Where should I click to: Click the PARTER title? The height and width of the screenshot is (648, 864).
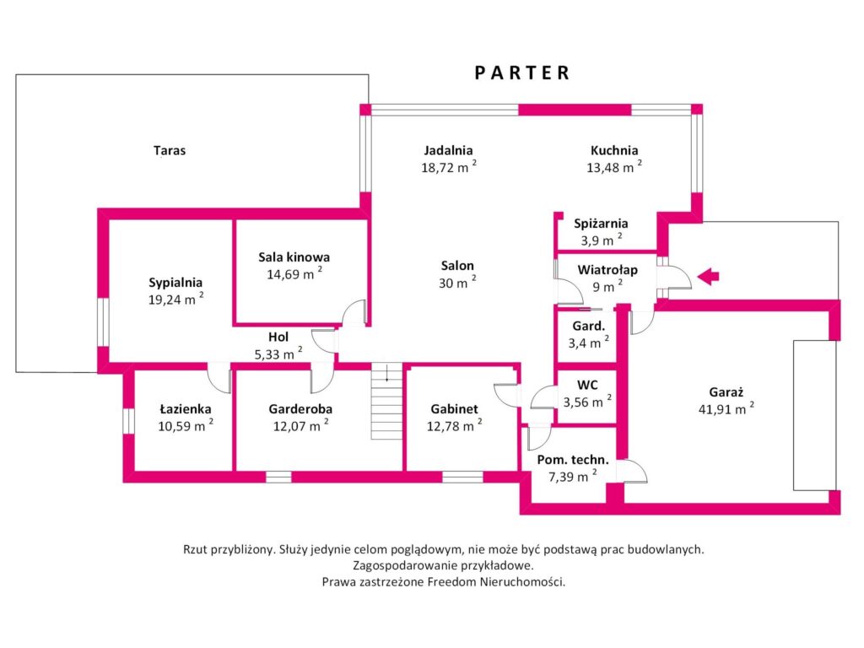click(x=521, y=73)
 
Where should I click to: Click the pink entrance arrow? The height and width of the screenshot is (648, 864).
click(x=708, y=277)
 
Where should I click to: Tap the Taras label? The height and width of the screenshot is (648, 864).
click(x=170, y=150)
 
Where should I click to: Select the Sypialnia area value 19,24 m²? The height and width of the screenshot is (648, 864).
click(x=175, y=300)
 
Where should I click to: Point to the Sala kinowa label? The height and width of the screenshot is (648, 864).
click(x=294, y=256)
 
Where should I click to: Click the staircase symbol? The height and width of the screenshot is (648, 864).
click(x=386, y=401)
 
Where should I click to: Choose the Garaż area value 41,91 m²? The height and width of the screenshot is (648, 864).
click(x=726, y=409)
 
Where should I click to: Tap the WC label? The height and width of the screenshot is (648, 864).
click(x=587, y=385)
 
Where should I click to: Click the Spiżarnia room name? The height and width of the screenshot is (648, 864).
click(x=601, y=224)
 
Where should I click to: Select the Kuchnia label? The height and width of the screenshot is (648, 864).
click(x=614, y=150)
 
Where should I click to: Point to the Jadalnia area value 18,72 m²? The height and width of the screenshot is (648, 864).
click(x=449, y=167)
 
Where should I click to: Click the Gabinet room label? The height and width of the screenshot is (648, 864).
click(x=455, y=409)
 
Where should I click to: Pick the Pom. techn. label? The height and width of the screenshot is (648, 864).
click(x=573, y=460)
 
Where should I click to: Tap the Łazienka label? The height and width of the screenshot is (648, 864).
click(x=186, y=409)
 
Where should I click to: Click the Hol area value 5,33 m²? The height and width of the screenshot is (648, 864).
click(x=278, y=354)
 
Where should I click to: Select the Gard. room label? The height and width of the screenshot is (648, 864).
click(x=588, y=327)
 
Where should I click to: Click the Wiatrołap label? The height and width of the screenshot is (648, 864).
click(x=607, y=270)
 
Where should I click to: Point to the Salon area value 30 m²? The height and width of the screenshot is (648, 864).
click(x=457, y=283)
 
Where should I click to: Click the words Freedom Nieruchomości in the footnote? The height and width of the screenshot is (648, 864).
click(x=496, y=582)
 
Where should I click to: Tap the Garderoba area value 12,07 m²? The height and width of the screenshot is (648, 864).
click(x=301, y=426)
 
